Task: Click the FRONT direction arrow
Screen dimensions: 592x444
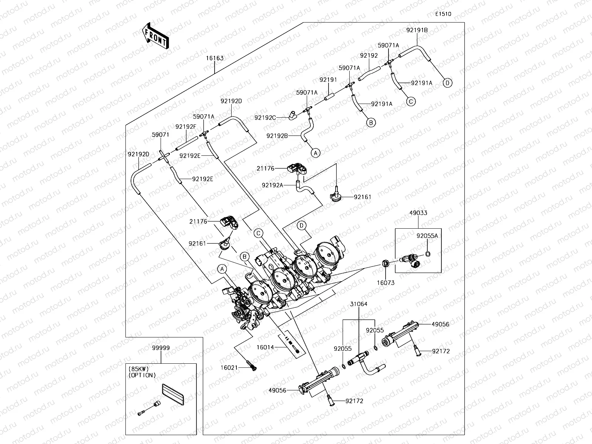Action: point(155,36)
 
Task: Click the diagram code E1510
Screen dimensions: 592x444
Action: point(443,14)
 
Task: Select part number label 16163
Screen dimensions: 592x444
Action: point(215,58)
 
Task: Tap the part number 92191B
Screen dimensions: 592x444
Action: point(417,30)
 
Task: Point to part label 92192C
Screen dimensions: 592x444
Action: point(265,118)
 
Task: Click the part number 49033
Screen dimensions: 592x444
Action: point(418,213)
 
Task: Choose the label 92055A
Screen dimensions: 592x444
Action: point(427,236)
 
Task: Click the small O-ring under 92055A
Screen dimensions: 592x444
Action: point(428,254)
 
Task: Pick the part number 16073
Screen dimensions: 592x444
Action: point(386,283)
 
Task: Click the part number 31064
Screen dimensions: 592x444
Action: point(359,304)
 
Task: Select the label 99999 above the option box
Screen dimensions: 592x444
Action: point(161,348)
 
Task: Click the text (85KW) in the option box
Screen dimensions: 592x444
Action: point(139,369)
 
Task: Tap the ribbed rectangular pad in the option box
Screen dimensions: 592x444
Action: point(173,394)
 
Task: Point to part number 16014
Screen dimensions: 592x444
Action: point(265,347)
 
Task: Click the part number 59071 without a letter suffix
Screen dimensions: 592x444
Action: point(161,135)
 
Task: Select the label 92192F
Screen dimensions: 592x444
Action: point(186,127)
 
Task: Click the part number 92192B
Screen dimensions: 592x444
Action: point(277,136)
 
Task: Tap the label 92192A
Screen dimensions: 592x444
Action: point(272,185)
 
